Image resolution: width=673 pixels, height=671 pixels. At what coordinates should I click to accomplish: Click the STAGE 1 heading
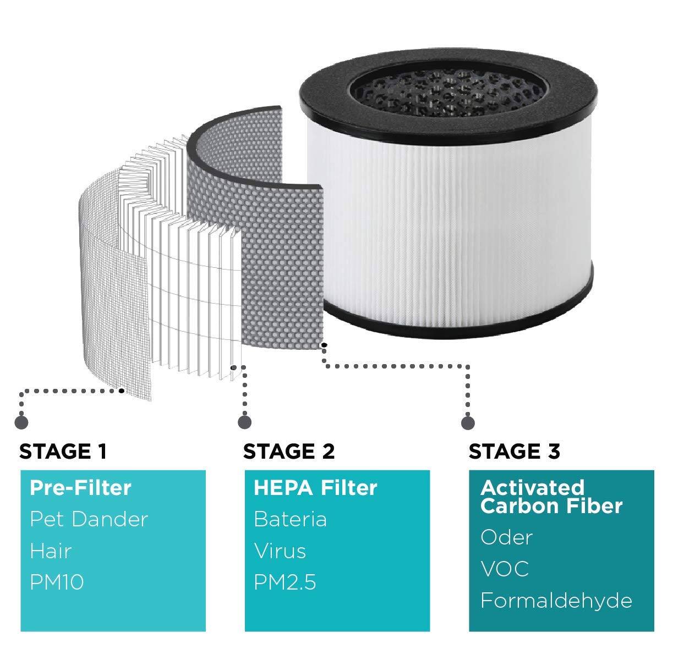(x=63, y=452)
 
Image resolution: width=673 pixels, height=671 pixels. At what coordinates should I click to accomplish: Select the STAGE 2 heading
(x=288, y=452)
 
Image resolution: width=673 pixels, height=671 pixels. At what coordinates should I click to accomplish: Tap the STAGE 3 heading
(x=514, y=452)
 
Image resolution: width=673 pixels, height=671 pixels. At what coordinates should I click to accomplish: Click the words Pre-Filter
(x=80, y=487)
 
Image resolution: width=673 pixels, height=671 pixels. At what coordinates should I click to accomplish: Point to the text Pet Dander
(x=89, y=519)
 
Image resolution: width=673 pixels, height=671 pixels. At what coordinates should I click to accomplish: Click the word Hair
(x=51, y=551)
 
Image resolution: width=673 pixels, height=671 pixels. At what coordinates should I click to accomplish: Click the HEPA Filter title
(x=315, y=487)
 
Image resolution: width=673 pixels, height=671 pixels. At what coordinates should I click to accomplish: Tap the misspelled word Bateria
(x=290, y=519)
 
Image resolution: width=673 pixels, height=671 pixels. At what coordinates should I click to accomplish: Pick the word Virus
(x=280, y=551)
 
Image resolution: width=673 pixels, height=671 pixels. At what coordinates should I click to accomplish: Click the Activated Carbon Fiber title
(x=551, y=497)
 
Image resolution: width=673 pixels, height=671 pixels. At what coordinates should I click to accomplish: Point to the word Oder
(x=506, y=537)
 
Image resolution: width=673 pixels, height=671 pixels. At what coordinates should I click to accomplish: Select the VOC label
(x=505, y=569)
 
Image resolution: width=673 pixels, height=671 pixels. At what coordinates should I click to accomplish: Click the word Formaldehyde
(x=556, y=601)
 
